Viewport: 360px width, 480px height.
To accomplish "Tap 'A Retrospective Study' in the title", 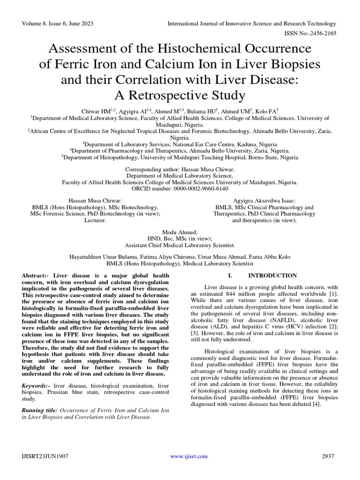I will tap(180, 95).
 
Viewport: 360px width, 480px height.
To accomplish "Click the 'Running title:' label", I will tap(41, 410).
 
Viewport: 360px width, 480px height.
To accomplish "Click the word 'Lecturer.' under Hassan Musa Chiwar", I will tap(96, 220).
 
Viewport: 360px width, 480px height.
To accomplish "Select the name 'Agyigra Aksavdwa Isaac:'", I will tap(264, 200).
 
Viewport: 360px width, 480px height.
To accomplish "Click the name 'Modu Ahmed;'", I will tap(180, 232).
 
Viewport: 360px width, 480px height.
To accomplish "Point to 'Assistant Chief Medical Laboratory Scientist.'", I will tap(180, 245).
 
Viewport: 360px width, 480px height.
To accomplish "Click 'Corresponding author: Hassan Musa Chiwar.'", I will tap(180, 169).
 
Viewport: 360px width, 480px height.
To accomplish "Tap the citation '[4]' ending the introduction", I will tap(315, 405).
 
